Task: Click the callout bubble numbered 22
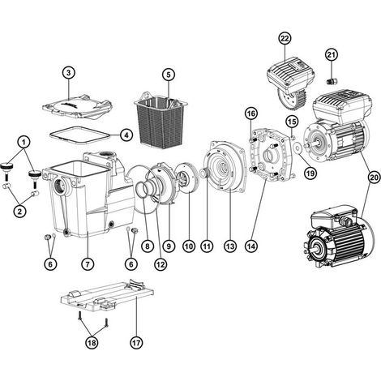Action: (x=285, y=39)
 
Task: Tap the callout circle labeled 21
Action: (x=332, y=55)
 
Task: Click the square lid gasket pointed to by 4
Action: (x=79, y=134)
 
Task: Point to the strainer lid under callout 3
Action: (x=77, y=106)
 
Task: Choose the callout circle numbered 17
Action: (x=136, y=343)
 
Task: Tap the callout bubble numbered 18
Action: (x=92, y=343)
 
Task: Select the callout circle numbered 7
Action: (x=88, y=263)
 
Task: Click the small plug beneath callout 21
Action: (x=331, y=81)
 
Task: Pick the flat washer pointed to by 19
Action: (x=298, y=148)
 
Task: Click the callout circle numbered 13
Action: (x=230, y=246)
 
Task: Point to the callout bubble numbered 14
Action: (x=251, y=246)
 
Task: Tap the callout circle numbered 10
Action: (x=189, y=246)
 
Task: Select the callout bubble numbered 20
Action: (x=375, y=178)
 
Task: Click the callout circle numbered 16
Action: (x=251, y=113)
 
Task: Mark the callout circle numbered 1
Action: (x=24, y=142)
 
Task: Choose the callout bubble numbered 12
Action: (x=161, y=263)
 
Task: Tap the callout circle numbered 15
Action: (x=292, y=122)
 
